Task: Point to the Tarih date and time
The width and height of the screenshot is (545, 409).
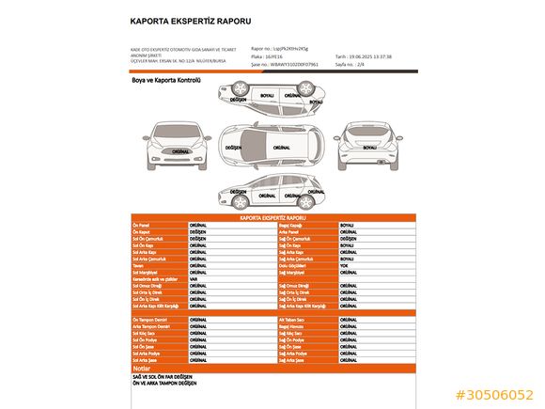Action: tap(377, 56)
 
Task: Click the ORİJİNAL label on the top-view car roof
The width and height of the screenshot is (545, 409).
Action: tap(281, 148)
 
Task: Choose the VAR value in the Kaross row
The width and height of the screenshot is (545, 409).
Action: tap(193, 278)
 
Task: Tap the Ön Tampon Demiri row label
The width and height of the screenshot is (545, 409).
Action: tap(149, 320)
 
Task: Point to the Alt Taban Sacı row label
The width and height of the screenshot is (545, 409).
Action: tap(292, 320)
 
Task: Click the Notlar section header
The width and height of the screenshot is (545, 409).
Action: tap(143, 369)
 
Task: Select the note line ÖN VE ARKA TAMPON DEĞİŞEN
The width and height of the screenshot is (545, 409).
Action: tap(165, 384)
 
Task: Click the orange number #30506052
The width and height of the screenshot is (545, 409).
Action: tap(494, 395)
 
